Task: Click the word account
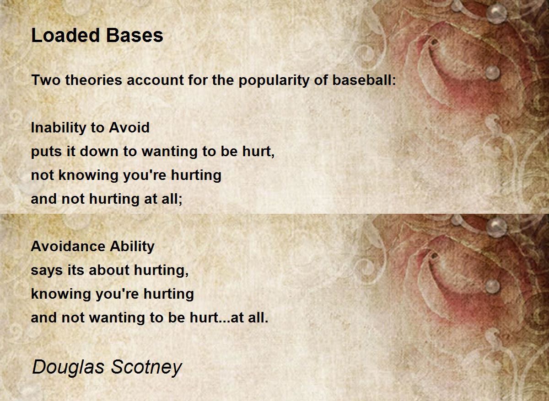point(153,80)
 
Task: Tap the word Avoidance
point(67,247)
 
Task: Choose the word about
point(109,270)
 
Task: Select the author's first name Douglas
point(64,367)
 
